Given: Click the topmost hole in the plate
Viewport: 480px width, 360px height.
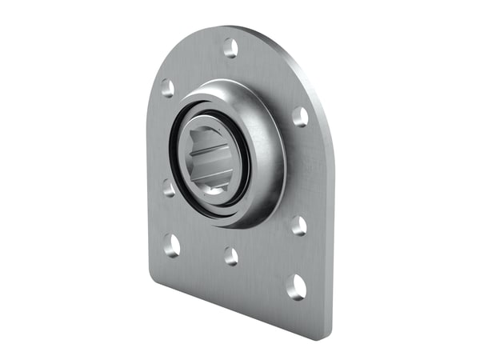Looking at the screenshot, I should pos(230,47).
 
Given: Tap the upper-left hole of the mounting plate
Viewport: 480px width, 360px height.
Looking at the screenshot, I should pos(167,88).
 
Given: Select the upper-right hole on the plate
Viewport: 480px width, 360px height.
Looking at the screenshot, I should pos(300,117).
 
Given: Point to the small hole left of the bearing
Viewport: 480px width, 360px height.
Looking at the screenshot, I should pos(169,188).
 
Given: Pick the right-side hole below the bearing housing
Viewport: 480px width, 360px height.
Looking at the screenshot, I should pos(298,226).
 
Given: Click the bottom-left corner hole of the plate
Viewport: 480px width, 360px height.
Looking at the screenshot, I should pos(172,245).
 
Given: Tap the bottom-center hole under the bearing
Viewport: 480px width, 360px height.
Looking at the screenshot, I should pos(231,256).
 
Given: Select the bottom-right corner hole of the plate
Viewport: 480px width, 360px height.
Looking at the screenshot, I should pos(297,285).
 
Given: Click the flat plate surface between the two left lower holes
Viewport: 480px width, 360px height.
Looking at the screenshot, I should pos(170,216).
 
